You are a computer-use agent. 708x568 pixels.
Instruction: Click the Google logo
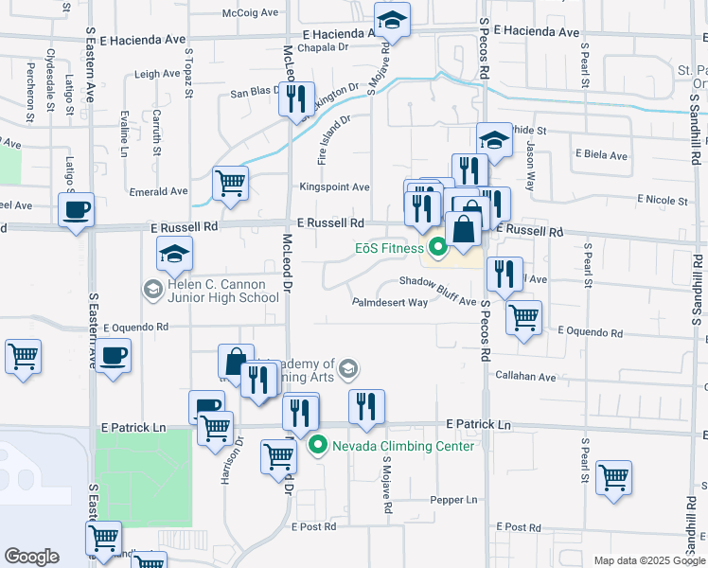pyautogui.click(x=31, y=557)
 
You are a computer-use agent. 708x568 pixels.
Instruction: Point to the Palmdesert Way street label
pyautogui.click(x=390, y=303)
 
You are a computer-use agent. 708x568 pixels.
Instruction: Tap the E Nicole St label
pyautogui.click(x=663, y=200)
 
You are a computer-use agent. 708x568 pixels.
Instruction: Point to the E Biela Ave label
pyautogui.click(x=601, y=154)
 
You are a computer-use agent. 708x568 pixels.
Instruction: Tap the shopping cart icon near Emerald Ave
pyautogui.click(x=230, y=182)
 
